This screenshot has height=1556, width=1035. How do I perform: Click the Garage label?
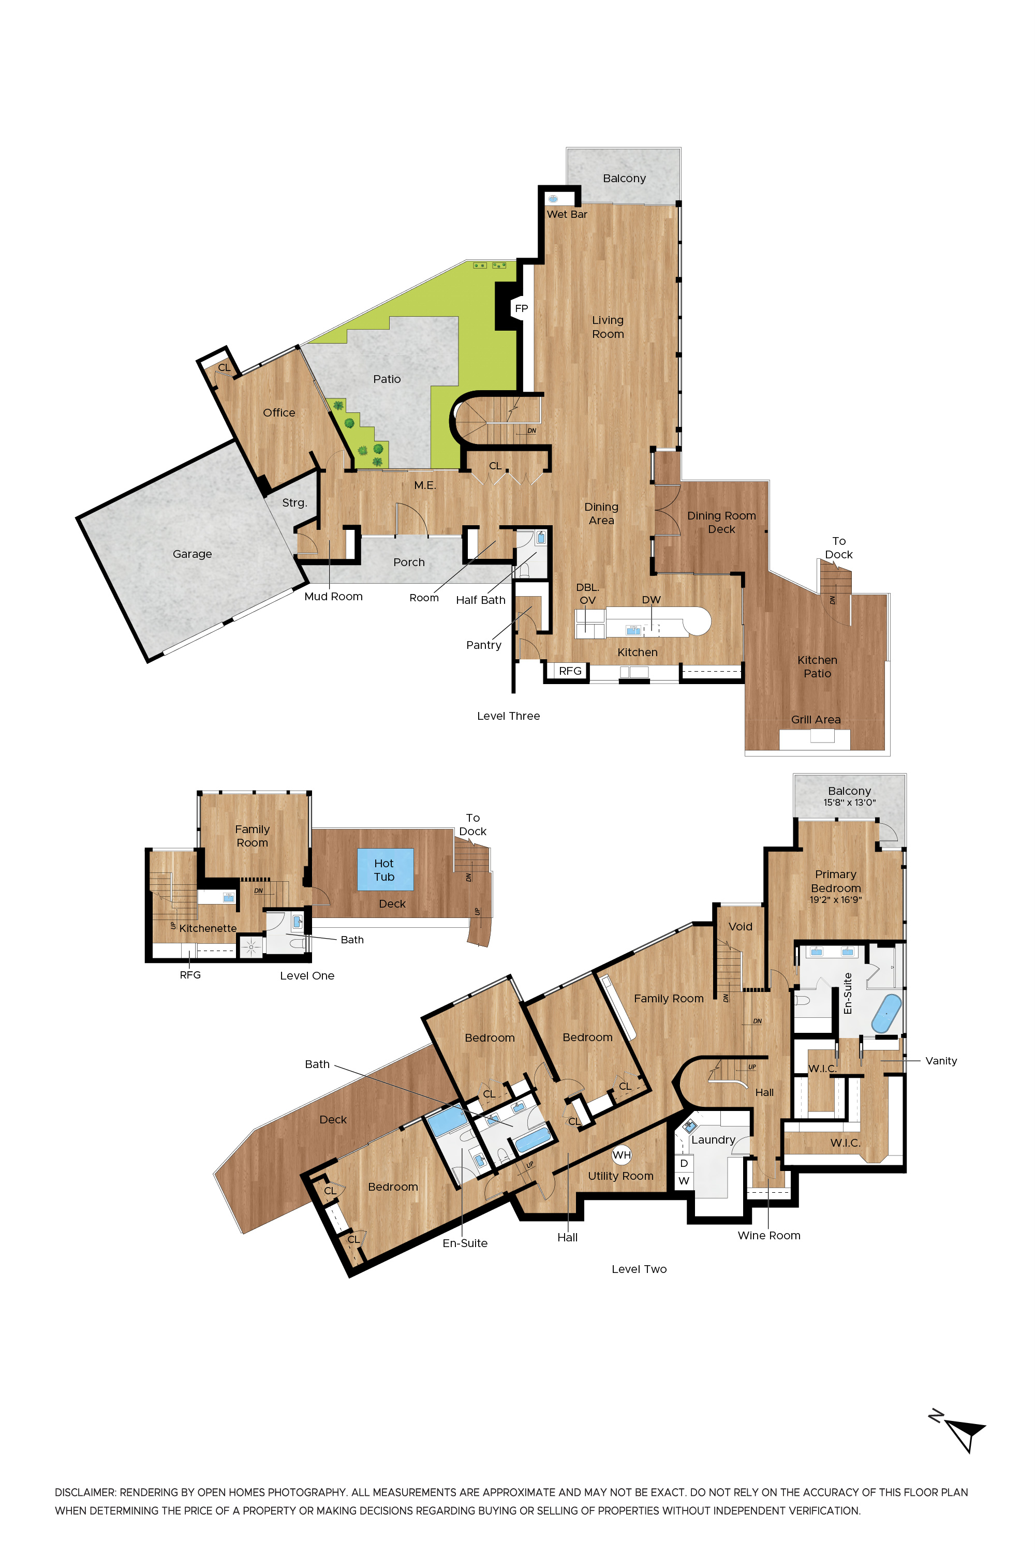[192, 554]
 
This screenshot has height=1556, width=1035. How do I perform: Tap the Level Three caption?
[508, 716]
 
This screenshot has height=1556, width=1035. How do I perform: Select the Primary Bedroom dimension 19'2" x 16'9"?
[836, 899]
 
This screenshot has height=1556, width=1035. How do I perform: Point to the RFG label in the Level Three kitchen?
[570, 671]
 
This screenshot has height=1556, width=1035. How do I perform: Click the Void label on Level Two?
[740, 926]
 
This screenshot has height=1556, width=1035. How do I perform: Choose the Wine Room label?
[769, 1235]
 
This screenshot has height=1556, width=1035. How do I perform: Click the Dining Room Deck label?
[721, 522]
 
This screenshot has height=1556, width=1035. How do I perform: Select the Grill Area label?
[816, 719]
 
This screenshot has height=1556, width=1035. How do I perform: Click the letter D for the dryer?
[684, 1163]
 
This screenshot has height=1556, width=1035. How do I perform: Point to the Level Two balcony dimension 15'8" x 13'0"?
[850, 803]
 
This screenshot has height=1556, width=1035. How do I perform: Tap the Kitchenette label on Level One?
[208, 928]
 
